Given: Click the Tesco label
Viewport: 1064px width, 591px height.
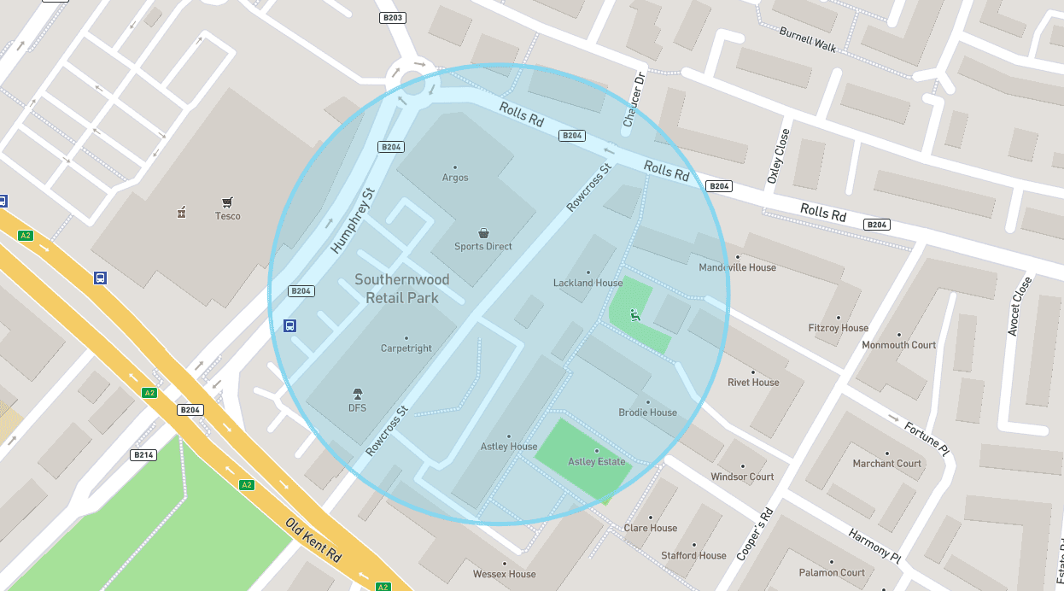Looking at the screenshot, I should [227, 216].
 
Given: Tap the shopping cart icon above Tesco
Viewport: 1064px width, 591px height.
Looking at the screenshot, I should [227, 202].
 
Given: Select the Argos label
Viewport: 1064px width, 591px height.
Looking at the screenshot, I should [455, 178].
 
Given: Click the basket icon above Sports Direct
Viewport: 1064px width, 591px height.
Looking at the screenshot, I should [483, 233].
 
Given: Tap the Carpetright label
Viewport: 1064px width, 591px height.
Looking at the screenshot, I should [406, 348].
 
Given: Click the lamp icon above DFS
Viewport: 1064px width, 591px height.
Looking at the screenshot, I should [358, 394].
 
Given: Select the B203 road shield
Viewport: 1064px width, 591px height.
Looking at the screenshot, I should [392, 18].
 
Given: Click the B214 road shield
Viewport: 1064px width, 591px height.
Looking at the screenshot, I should [143, 455].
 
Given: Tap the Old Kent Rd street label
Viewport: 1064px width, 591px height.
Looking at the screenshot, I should [313, 539].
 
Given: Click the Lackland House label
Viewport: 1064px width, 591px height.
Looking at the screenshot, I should [588, 283].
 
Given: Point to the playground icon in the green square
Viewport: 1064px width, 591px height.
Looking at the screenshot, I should [634, 316].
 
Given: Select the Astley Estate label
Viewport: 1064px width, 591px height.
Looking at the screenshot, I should [596, 462].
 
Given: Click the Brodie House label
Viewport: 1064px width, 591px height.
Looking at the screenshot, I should [647, 413].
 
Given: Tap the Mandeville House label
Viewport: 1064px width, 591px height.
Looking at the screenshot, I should [737, 267].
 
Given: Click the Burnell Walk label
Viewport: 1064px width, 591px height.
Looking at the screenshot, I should [807, 39].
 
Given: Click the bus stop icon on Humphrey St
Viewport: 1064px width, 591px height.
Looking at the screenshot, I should [289, 325].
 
